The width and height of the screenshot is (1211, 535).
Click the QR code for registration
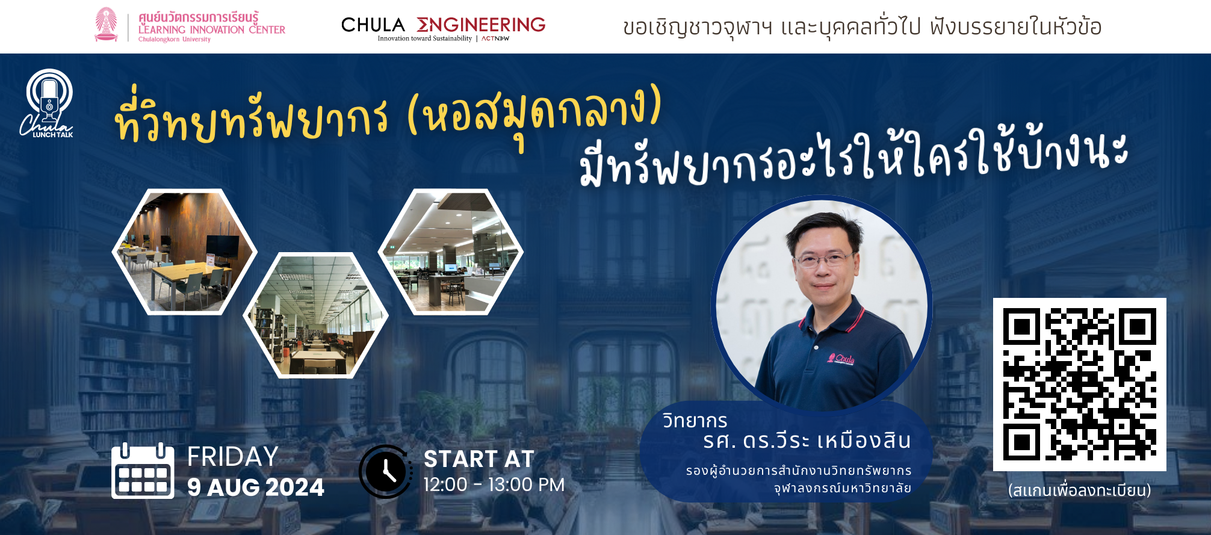click(x=1079, y=385)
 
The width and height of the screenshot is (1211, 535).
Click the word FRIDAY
click(x=232, y=456)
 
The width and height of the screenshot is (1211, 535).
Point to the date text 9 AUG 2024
click(x=256, y=487)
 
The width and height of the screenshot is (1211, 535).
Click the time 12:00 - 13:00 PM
click(x=494, y=484)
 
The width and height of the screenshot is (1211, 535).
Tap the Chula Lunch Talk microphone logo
click(x=47, y=104)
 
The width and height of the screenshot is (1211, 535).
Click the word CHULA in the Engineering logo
click(x=373, y=25)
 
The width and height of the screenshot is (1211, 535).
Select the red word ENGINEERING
click(x=481, y=25)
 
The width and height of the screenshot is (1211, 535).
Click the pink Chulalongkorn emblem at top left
click(x=106, y=25)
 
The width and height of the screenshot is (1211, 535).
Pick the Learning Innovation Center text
click(x=212, y=29)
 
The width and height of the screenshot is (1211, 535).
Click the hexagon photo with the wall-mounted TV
click(x=185, y=252)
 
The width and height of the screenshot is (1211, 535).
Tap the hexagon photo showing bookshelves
click(x=316, y=315)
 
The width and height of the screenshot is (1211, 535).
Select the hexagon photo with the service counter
click(x=451, y=252)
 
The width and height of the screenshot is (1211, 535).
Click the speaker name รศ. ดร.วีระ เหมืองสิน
click(x=807, y=441)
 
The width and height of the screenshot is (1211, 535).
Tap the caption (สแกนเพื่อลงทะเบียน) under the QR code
click(x=1079, y=490)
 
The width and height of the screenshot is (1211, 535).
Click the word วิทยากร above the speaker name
click(x=695, y=421)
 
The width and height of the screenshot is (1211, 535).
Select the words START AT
click(x=479, y=459)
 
